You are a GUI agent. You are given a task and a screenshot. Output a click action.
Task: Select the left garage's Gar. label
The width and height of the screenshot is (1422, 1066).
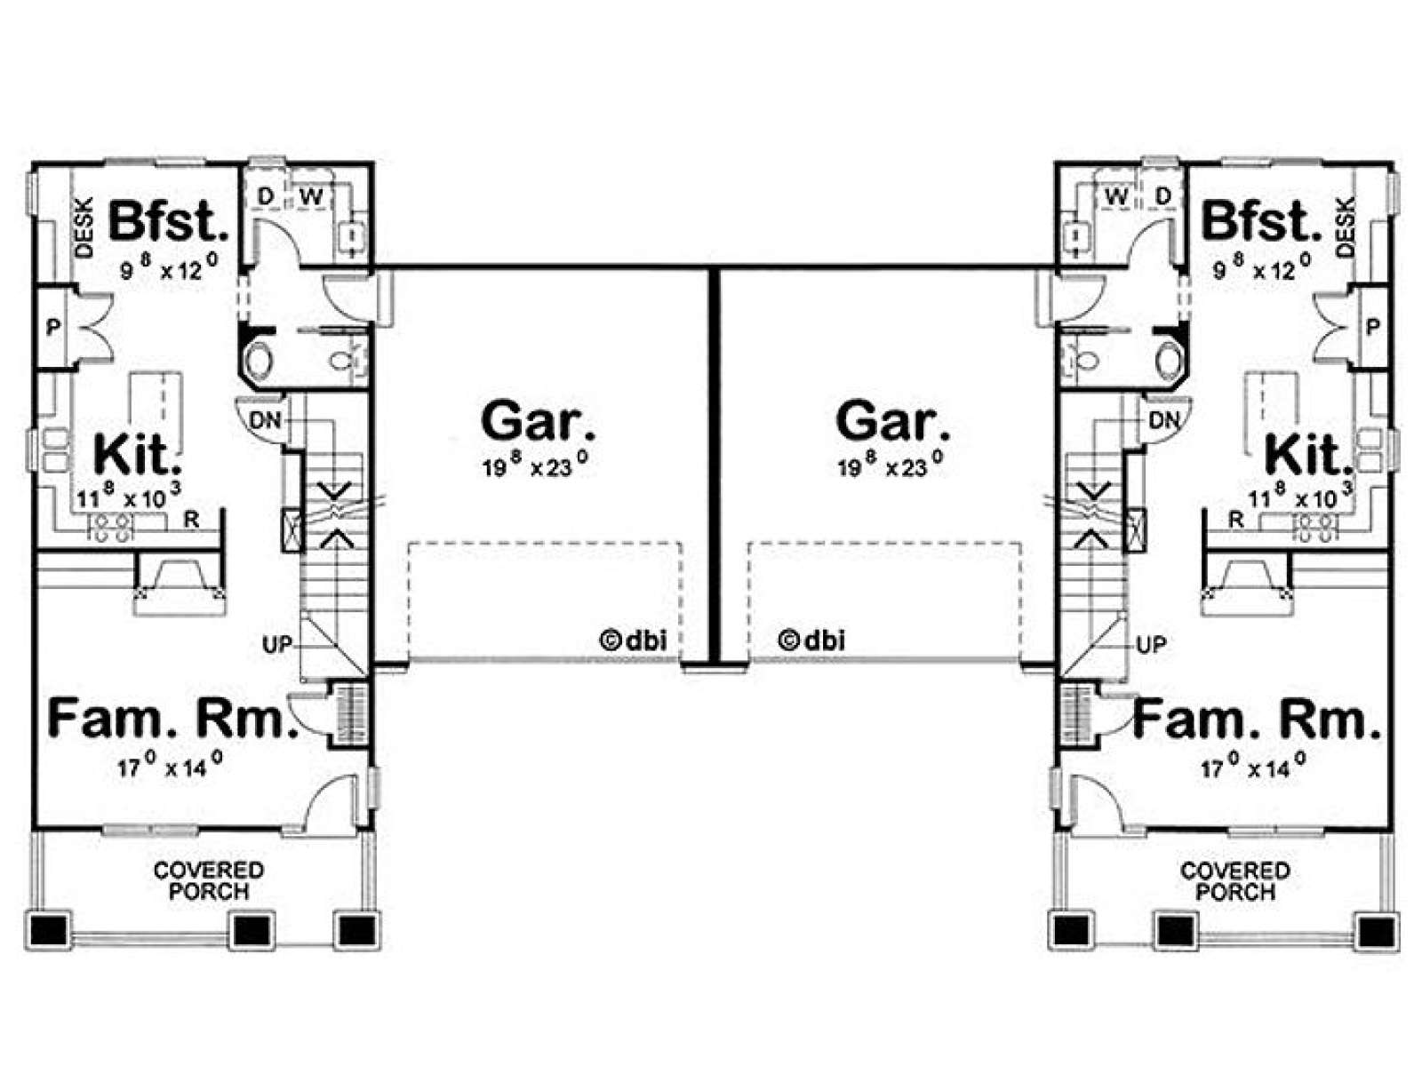538,421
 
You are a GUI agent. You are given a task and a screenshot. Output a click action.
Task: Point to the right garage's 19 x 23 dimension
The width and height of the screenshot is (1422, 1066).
890,464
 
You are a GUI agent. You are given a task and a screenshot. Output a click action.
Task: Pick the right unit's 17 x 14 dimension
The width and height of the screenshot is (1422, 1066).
1252,766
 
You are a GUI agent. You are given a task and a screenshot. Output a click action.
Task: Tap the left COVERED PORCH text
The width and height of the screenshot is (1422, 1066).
209,880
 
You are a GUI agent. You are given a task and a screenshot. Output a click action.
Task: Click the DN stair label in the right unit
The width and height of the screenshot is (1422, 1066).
1164,421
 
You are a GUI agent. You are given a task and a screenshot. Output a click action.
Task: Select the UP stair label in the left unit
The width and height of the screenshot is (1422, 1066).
277,645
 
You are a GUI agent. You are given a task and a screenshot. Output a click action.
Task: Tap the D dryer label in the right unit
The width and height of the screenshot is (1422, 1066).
1163,196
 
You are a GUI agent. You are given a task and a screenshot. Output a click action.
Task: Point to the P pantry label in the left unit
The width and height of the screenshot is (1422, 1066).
52,328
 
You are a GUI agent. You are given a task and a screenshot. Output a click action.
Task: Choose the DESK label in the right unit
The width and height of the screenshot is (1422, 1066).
1345,227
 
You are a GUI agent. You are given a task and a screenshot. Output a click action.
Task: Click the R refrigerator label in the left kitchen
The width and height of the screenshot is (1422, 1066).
192,519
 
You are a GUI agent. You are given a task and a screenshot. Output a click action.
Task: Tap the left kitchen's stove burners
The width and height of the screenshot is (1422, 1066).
111,527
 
